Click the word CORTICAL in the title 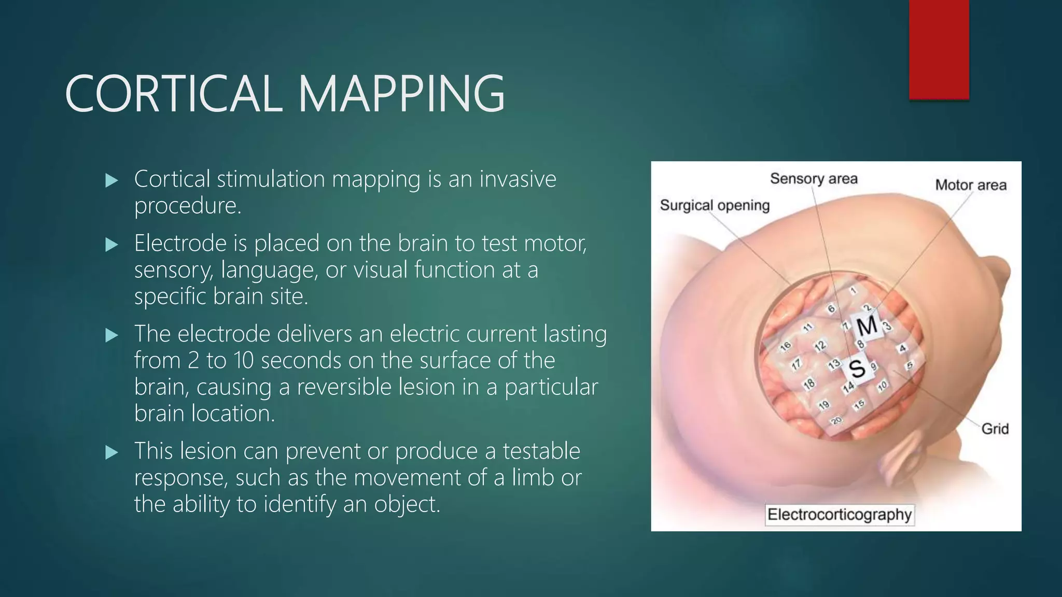click(173, 94)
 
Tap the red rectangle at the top click(939, 49)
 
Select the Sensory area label click(813, 179)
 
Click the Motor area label click(970, 185)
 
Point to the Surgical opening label click(714, 205)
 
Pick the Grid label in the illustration click(995, 429)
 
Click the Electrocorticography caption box click(839, 515)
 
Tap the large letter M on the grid click(867, 326)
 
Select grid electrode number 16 click(786, 346)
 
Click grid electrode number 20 click(836, 420)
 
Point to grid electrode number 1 click(853, 291)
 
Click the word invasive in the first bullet click(517, 179)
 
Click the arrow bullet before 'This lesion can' click(111, 452)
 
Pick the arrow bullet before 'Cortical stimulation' click(111, 180)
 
